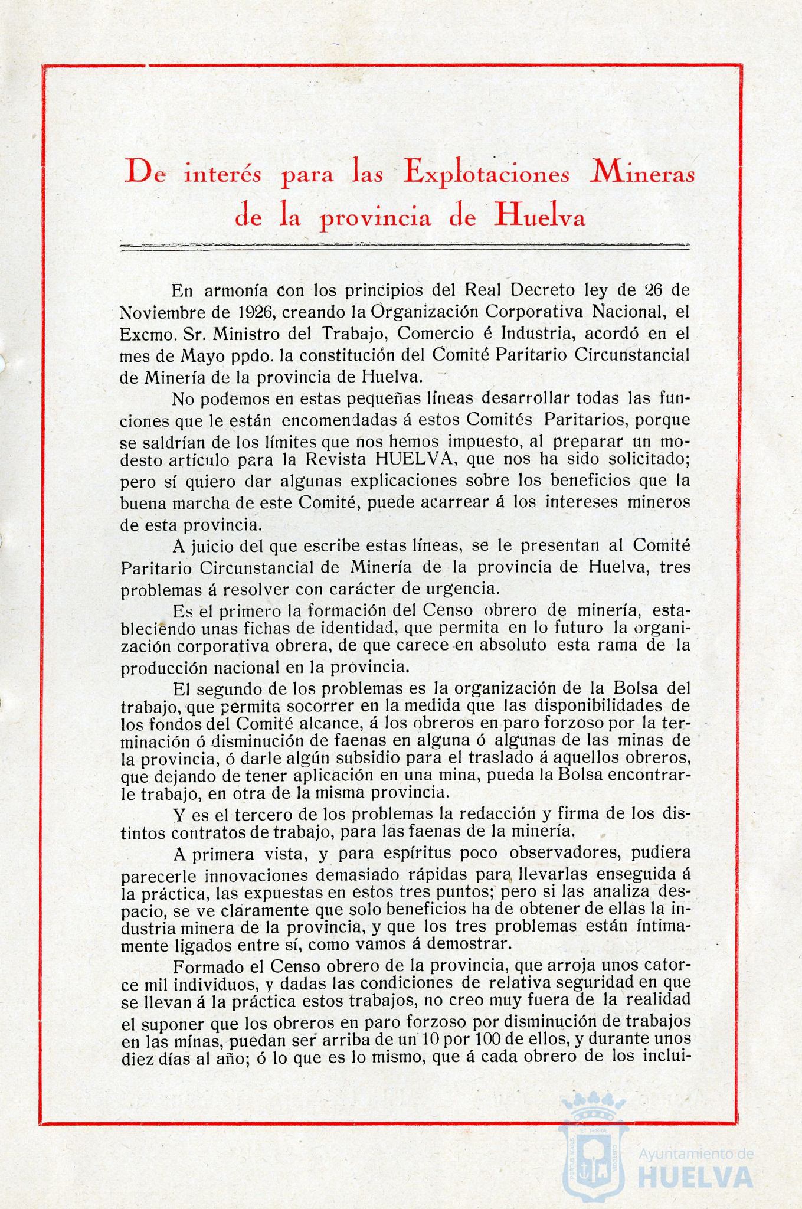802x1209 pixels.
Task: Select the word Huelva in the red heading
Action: (x=541, y=217)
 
